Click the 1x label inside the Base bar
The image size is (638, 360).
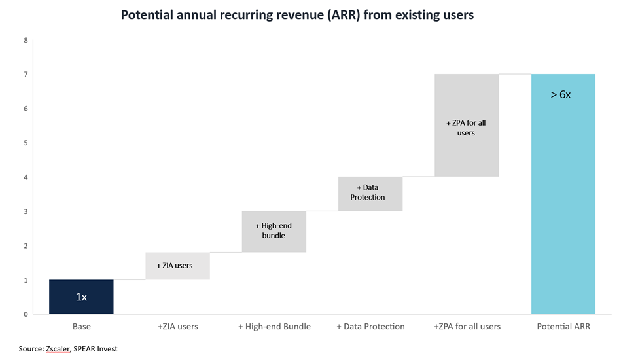81,297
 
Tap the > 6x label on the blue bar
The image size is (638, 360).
561,94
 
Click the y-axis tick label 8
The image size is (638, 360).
25,40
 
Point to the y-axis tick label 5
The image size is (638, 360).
25,143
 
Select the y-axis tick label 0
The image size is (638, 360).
25,314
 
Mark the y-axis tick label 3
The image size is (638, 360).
25,211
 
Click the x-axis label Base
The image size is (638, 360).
81,326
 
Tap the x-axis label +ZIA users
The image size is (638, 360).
177,326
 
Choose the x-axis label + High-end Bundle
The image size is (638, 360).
274,326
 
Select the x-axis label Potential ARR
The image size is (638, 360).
563,326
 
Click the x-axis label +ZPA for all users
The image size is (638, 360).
467,326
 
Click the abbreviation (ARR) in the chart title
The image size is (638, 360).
342,15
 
